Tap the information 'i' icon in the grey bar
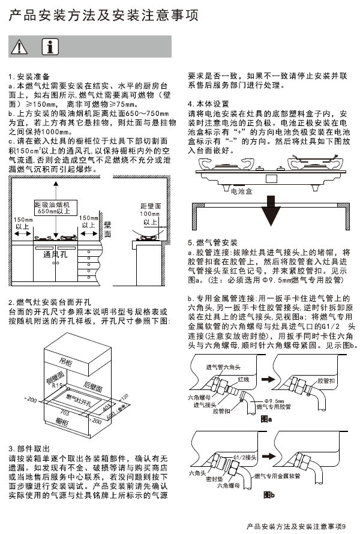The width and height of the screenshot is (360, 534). tap(53, 46)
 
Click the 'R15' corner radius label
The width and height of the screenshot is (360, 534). tap(58, 386)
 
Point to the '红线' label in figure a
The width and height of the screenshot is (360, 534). tap(243, 380)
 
